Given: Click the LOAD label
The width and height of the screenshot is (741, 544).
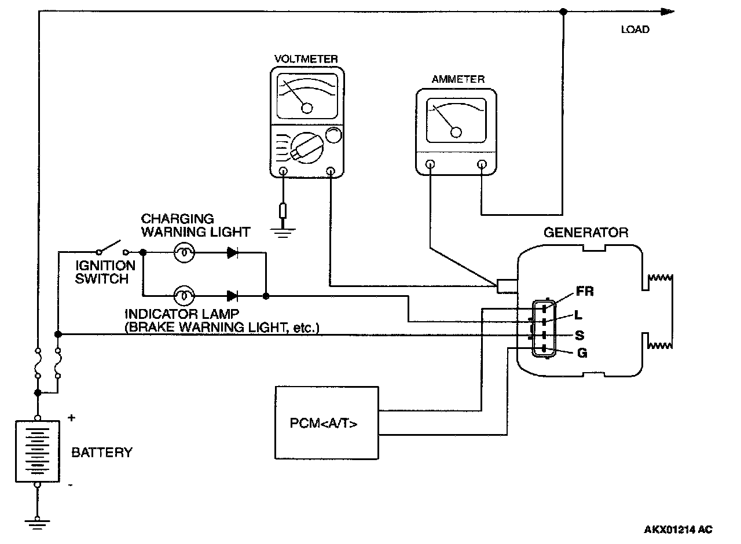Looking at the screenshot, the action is pyautogui.click(x=635, y=30).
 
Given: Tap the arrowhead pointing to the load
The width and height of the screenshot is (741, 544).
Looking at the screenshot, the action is pyautogui.click(x=666, y=12).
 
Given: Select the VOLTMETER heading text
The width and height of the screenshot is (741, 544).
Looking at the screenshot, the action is pyautogui.click(x=306, y=59).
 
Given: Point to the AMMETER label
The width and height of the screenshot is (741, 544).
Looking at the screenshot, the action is pyautogui.click(x=458, y=79).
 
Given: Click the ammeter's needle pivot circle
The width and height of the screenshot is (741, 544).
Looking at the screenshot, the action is pyautogui.click(x=456, y=133).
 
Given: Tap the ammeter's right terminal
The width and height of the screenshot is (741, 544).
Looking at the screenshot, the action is pyautogui.click(x=482, y=164).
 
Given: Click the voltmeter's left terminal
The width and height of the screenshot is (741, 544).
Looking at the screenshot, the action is pyautogui.click(x=283, y=171).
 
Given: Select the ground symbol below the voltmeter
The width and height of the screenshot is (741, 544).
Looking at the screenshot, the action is pyautogui.click(x=283, y=233).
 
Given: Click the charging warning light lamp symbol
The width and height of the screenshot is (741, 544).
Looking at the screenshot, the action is pyautogui.click(x=184, y=253).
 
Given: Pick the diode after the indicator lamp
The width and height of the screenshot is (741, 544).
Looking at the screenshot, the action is pyautogui.click(x=233, y=296).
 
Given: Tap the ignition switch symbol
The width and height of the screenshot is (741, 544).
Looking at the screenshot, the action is pyautogui.click(x=112, y=248).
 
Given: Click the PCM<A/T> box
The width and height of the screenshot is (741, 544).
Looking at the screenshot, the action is pyautogui.click(x=327, y=423).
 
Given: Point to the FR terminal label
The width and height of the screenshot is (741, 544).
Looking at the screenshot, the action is pyautogui.click(x=585, y=291).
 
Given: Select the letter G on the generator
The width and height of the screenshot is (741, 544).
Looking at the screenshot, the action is pyautogui.click(x=582, y=353).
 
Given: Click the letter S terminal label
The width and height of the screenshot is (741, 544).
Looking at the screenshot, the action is pyautogui.click(x=579, y=335).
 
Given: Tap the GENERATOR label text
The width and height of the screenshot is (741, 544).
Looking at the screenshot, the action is pyautogui.click(x=586, y=233).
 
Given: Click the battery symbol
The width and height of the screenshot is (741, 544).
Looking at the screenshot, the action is pyautogui.click(x=38, y=451).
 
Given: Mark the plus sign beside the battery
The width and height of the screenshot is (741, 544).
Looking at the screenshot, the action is pyautogui.click(x=71, y=418).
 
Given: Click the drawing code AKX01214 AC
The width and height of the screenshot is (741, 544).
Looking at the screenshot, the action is pyautogui.click(x=678, y=530).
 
